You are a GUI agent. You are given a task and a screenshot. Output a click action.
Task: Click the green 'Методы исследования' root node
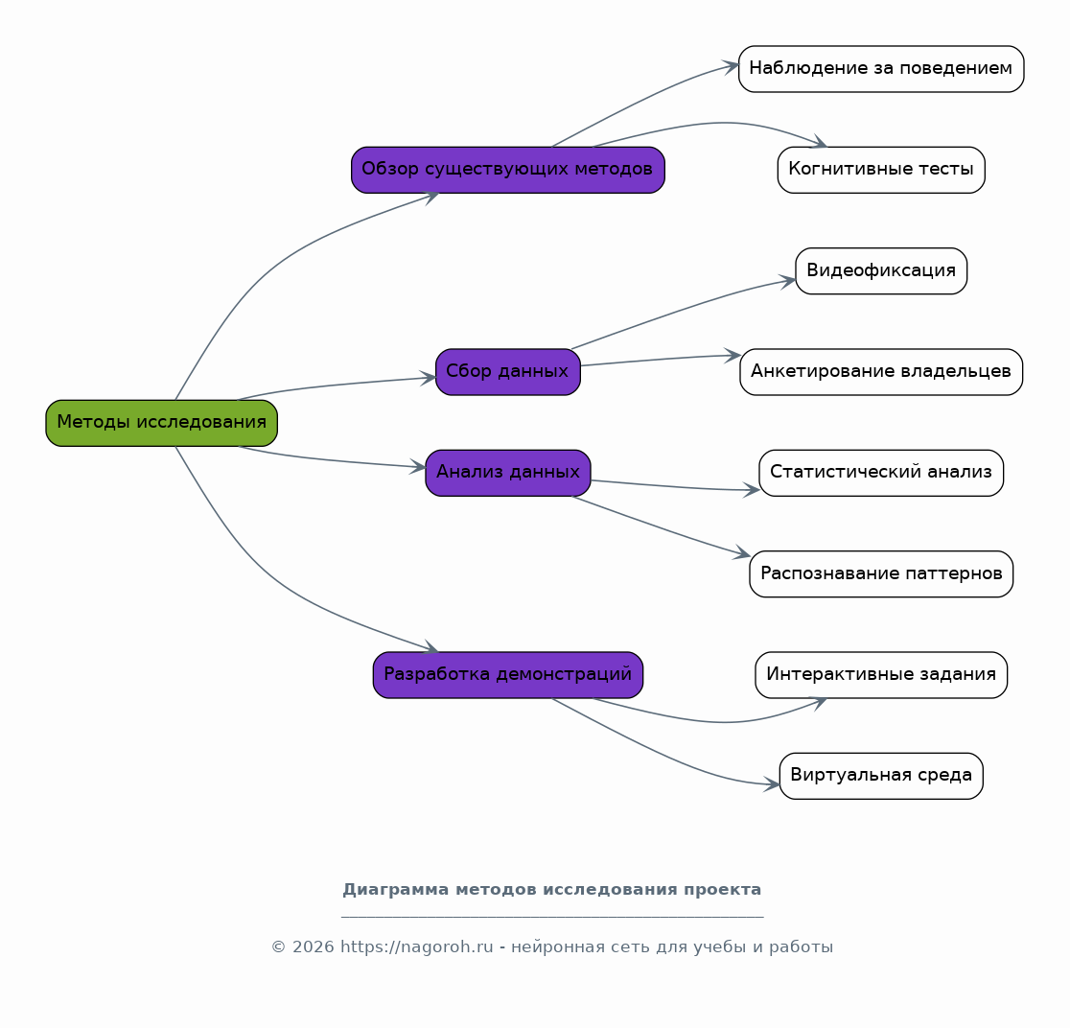162,423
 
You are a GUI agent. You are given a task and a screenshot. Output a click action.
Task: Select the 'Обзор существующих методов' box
508,170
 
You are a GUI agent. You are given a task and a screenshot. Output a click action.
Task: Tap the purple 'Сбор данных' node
508,372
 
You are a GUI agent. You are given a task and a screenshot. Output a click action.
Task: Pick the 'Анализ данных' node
508,473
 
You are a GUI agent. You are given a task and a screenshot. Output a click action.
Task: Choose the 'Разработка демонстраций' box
508,675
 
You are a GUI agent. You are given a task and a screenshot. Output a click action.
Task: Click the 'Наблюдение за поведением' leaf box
881,69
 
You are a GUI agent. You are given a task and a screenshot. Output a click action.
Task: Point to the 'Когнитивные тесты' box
881,170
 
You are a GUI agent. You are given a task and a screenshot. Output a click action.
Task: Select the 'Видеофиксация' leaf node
881,271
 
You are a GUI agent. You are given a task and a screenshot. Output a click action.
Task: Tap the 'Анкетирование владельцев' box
881,372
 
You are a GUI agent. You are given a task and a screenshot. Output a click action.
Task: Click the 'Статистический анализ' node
881,473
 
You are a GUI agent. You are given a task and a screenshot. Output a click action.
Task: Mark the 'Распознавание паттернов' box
881,574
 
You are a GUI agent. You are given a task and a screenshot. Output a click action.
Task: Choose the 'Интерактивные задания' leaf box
881,675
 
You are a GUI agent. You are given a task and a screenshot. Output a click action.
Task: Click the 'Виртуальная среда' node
881,776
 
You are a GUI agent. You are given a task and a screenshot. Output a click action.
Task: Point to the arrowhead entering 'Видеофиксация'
788,281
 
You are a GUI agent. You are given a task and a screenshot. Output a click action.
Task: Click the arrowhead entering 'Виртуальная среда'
773,784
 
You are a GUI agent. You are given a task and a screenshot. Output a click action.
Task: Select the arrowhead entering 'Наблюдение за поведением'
732,67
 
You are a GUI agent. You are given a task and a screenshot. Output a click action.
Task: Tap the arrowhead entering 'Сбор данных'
429,377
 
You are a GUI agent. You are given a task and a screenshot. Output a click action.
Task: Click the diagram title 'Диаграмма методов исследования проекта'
552,890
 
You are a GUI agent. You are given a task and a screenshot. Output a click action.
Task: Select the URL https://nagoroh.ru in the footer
416,946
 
